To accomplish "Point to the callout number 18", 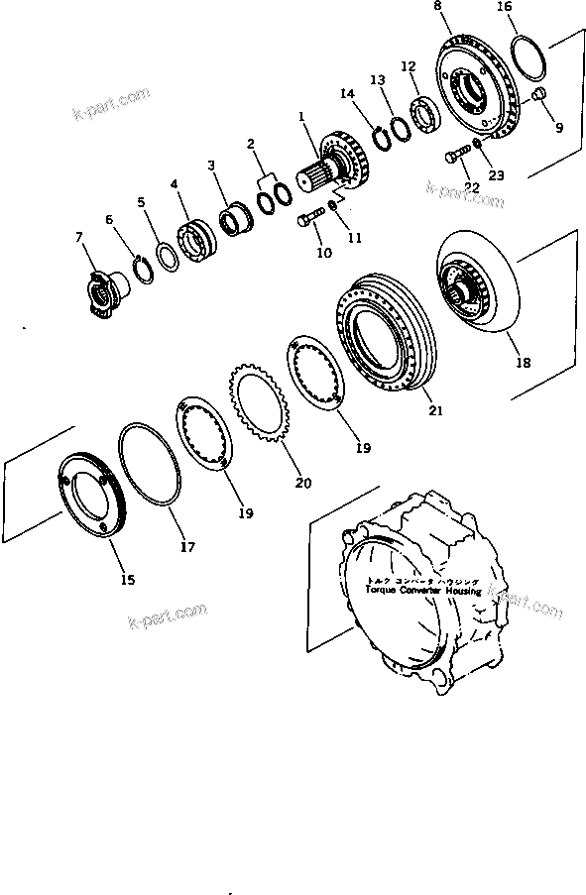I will click(x=523, y=363).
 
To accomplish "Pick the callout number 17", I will click(x=187, y=545).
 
